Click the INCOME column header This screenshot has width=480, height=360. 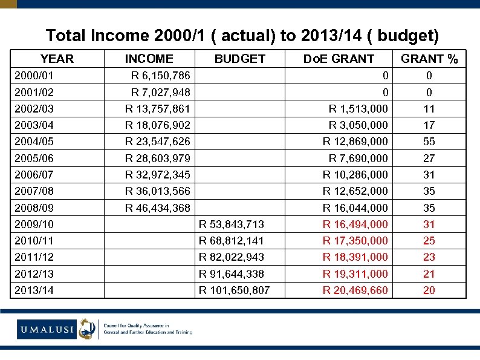(x=149, y=59)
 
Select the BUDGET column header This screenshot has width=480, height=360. (x=240, y=59)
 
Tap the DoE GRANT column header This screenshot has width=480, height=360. (x=339, y=59)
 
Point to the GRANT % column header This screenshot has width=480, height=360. (x=429, y=59)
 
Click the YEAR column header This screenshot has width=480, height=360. (x=57, y=59)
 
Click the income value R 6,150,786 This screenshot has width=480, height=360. (x=160, y=76)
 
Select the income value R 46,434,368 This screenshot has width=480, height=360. (x=157, y=208)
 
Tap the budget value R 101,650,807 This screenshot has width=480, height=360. (x=234, y=290)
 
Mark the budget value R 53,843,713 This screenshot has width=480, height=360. (x=232, y=224)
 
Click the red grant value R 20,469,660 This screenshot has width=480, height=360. (x=355, y=290)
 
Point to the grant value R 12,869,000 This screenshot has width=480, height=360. (x=355, y=142)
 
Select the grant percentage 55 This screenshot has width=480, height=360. (x=429, y=142)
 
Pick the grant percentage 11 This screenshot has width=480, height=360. (x=429, y=109)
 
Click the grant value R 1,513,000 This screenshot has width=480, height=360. (x=358, y=109)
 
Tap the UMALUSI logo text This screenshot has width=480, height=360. (x=45, y=329)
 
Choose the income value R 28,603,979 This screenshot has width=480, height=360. (x=157, y=159)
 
